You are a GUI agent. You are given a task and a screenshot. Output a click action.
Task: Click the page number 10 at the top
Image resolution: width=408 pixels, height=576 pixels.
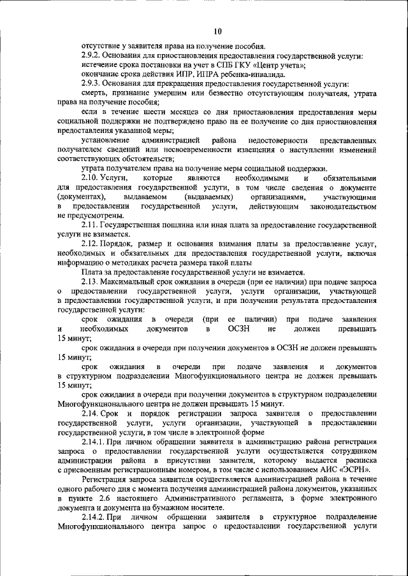click(218, 31)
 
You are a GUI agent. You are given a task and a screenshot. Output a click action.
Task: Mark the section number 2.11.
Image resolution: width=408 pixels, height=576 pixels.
click(91, 225)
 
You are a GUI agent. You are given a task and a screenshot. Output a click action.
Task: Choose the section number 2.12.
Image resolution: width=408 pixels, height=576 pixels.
click(91, 244)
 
